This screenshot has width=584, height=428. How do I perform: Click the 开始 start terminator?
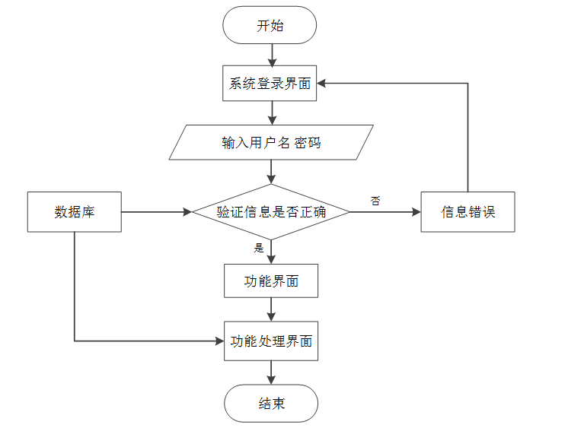[x=270, y=26]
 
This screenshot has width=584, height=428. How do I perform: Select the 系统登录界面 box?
[x=270, y=84]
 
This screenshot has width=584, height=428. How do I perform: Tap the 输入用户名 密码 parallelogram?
[x=271, y=142]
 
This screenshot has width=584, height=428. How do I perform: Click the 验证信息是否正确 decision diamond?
[x=271, y=211]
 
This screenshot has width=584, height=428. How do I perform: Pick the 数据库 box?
[x=74, y=211]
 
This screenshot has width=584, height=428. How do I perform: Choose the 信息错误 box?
[x=468, y=211]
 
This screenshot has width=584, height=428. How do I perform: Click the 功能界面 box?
[x=271, y=281]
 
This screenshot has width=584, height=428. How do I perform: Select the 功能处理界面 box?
[x=271, y=341]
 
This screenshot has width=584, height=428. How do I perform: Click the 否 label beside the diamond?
[x=375, y=201]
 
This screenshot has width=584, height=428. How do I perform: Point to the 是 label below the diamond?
[x=258, y=247]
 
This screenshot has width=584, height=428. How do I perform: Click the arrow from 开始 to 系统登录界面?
[x=271, y=55]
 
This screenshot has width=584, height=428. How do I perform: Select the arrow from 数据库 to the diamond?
[x=156, y=212]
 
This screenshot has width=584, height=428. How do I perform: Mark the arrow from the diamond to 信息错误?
[x=385, y=212]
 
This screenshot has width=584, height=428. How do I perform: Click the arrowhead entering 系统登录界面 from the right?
[x=324, y=83]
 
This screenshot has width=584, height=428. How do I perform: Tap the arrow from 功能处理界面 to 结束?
[x=271, y=372]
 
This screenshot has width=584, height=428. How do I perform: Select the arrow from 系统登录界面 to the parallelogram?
[x=271, y=113]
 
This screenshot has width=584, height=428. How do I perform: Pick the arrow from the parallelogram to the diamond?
[x=271, y=172]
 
